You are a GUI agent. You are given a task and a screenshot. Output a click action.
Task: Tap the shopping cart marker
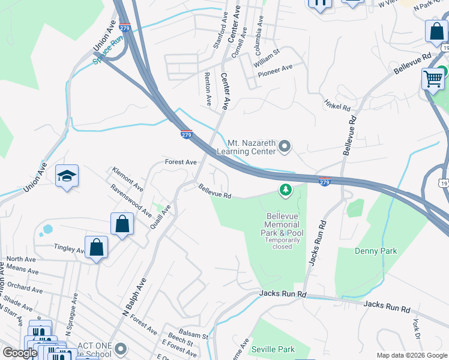tap(433, 79)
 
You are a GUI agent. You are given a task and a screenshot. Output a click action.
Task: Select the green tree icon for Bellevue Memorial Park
tap(286, 190)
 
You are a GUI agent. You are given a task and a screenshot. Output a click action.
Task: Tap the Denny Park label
tap(376, 251)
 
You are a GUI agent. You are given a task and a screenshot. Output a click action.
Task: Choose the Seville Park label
tap(273, 349)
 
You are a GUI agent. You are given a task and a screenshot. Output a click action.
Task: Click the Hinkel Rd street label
tap(337, 105)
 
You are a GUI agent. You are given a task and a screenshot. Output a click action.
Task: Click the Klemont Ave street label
tap(126, 178)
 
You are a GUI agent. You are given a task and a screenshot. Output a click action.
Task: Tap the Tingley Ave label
tap(69, 248)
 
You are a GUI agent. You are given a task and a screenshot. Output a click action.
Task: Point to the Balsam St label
tap(196, 336)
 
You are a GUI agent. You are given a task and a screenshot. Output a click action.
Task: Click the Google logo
tap(20, 353)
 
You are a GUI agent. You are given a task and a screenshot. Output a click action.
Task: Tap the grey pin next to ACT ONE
tap(121, 348)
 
